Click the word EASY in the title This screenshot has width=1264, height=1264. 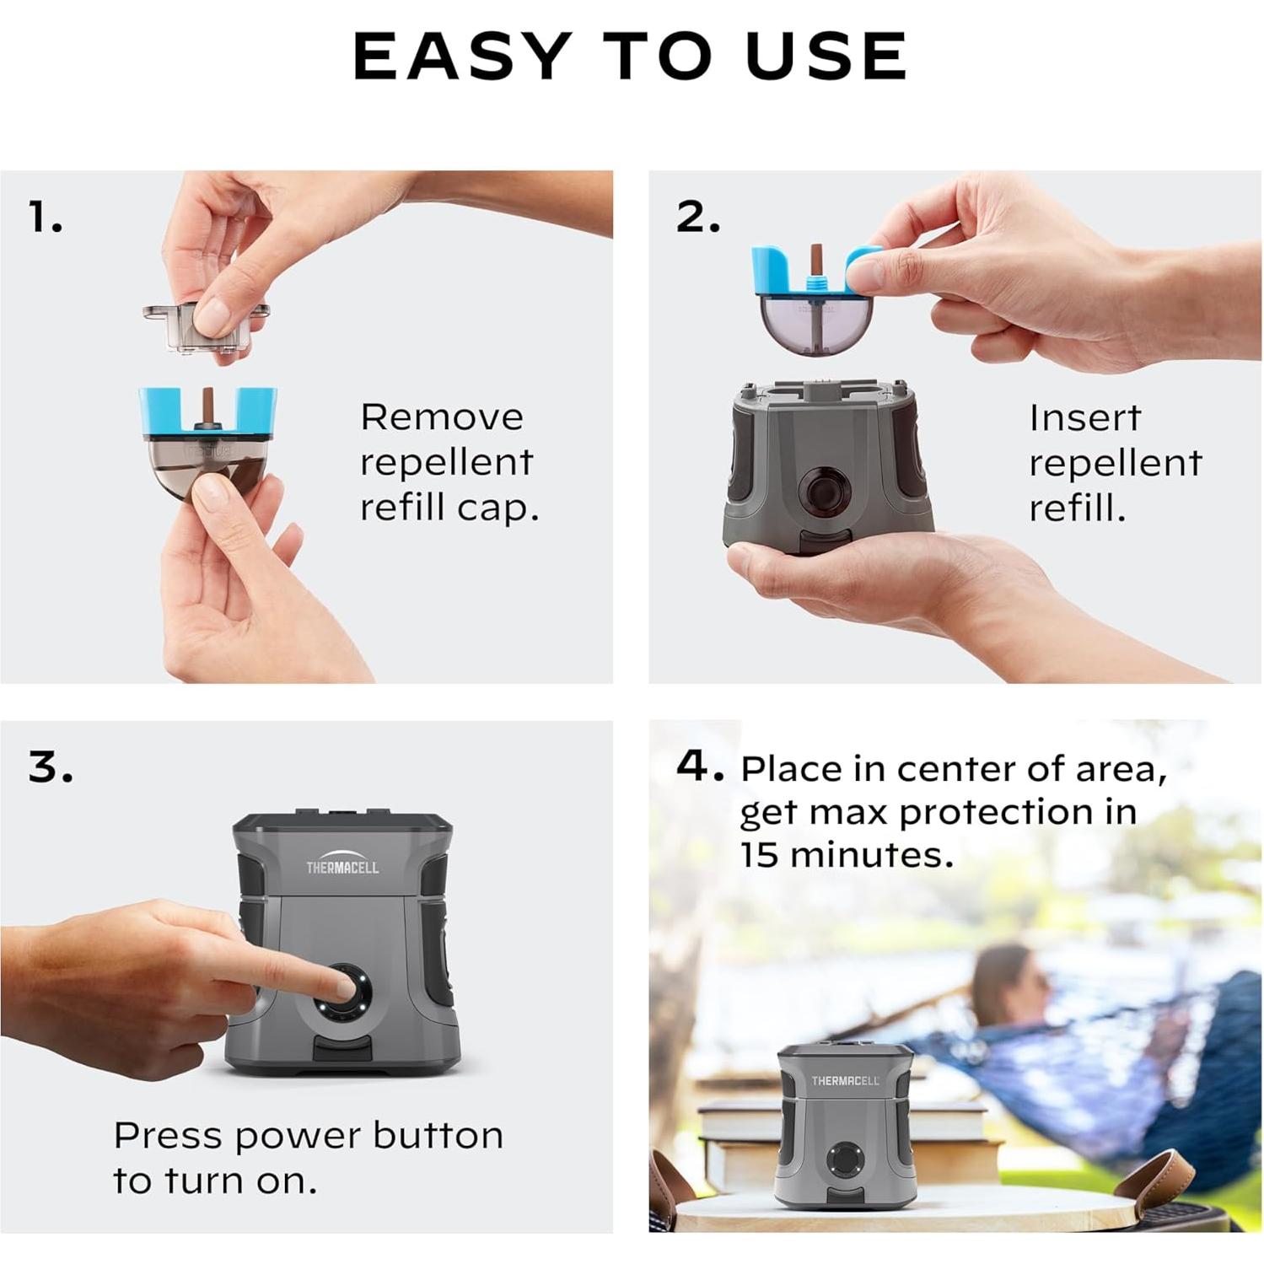pos(461,56)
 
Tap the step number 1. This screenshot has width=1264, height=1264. pos(46,217)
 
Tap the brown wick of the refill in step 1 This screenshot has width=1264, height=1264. pos(207,408)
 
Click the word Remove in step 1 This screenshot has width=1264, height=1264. pos(442,417)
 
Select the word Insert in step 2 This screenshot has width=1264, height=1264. pos(1084,417)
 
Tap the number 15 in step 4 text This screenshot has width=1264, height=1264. pos(758,855)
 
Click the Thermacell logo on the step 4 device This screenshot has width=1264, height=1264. pos(845,1080)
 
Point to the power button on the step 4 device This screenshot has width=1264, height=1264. pos(842,1159)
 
